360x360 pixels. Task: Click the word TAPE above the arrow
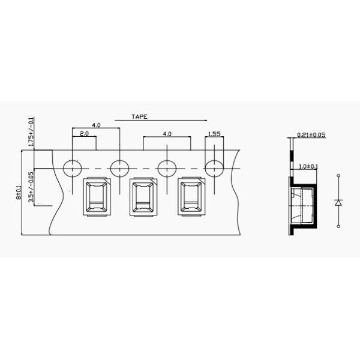click(139, 116)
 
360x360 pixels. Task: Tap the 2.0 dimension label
click(84, 133)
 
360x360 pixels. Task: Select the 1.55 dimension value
click(214, 134)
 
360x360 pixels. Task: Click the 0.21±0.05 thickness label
click(311, 135)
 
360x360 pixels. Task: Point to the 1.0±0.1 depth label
click(308, 166)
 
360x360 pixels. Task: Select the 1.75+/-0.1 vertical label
click(31, 132)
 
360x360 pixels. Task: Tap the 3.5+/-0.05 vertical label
click(31, 187)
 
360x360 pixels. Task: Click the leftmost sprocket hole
click(73, 169)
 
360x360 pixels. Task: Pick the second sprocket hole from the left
click(119, 169)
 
